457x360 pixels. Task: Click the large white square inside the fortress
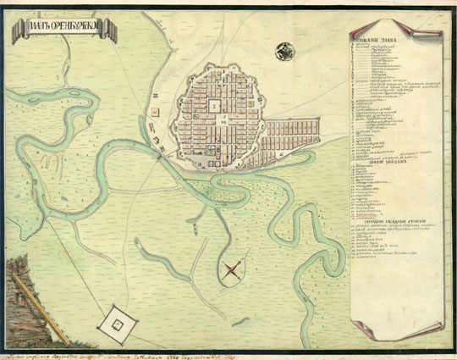(214, 107)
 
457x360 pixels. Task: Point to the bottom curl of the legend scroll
(398, 329)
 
